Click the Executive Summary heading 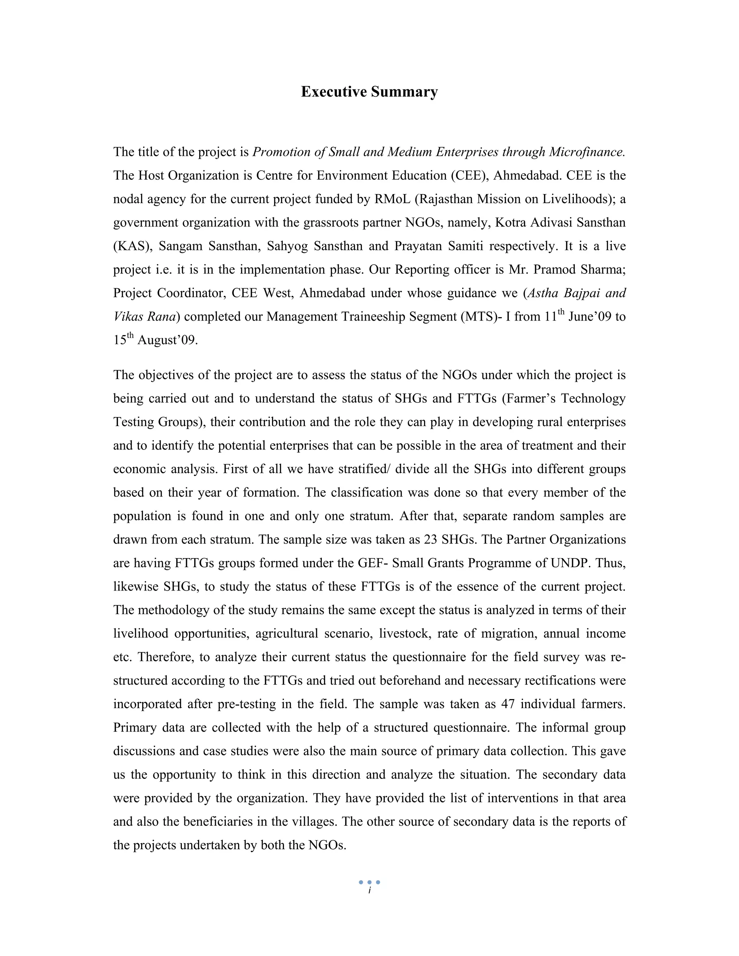(369, 92)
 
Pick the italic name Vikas (127, 316)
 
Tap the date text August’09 (168, 340)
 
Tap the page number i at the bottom (369, 891)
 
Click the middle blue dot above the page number (369, 882)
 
